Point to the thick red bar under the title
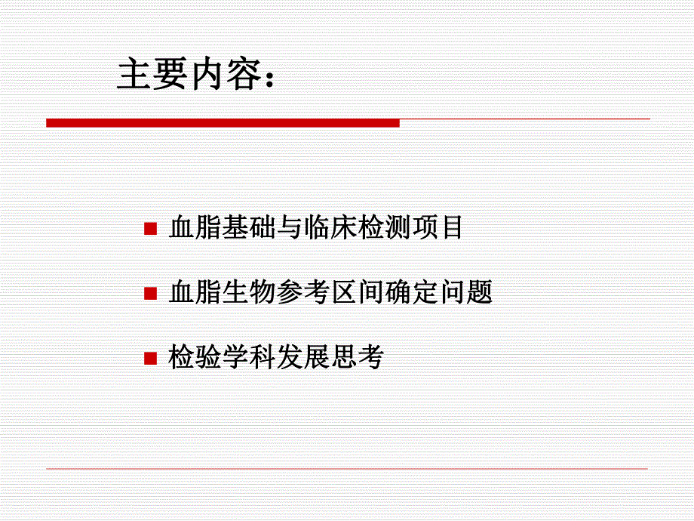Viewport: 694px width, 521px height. tap(223, 122)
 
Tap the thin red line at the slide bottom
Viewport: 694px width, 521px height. tap(347, 469)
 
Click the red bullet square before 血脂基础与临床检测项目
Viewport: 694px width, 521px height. tap(150, 228)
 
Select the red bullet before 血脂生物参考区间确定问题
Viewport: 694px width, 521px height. tap(150, 292)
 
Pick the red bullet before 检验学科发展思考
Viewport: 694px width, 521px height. tap(150, 356)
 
